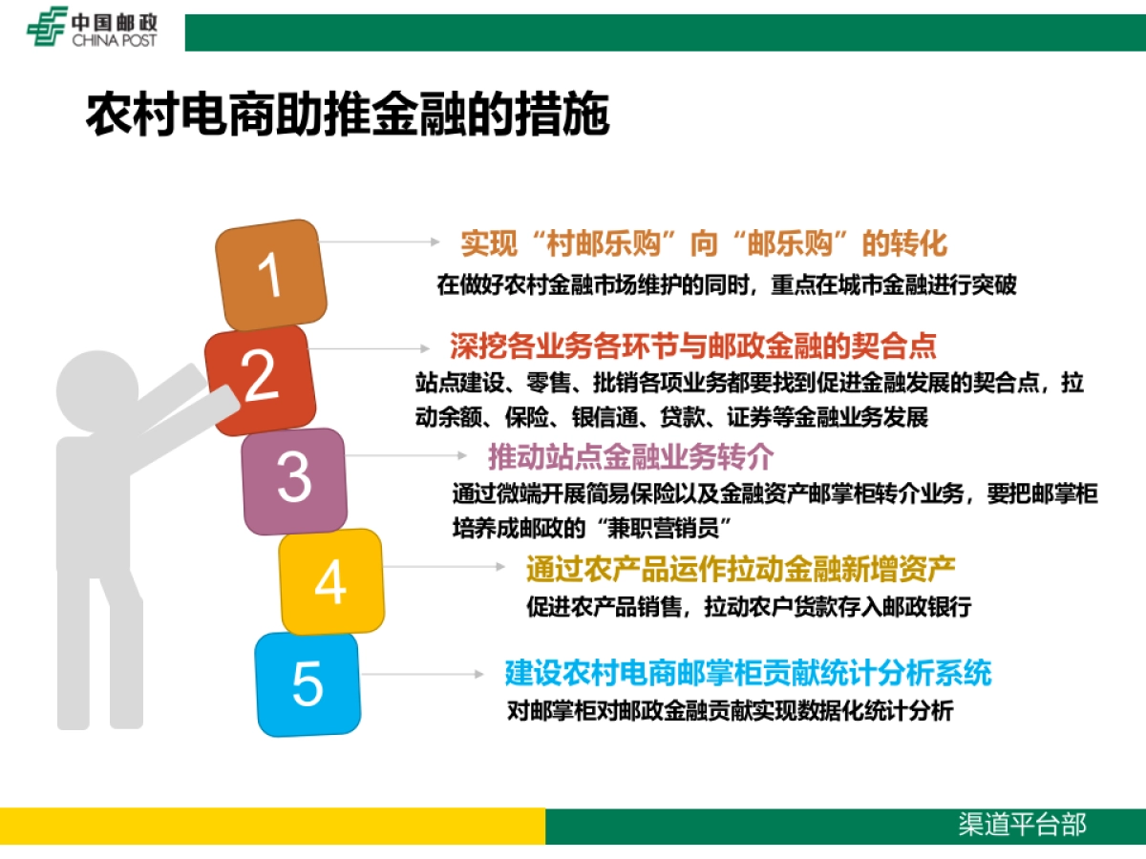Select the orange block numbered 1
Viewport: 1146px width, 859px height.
pyautogui.click(x=271, y=275)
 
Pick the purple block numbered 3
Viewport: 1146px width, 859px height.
pyautogui.click(x=293, y=479)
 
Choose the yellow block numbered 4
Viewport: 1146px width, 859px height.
pyautogui.click(x=330, y=581)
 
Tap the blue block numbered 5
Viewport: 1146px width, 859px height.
pyautogui.click(x=308, y=683)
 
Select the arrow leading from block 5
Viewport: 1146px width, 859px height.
pyautogui.click(x=420, y=674)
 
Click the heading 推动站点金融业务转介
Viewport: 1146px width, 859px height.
pyautogui.click(x=630, y=457)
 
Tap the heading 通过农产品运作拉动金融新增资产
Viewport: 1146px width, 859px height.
pyautogui.click(x=741, y=569)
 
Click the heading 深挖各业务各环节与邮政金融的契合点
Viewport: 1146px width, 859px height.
pyautogui.click(x=693, y=345)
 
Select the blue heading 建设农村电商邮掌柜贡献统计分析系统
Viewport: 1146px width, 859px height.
pyautogui.click(x=749, y=673)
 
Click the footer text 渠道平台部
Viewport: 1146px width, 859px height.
pyautogui.click(x=1023, y=825)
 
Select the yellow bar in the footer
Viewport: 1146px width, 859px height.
pyautogui.click(x=272, y=826)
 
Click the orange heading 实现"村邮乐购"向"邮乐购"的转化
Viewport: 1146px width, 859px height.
pyautogui.click(x=704, y=243)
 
